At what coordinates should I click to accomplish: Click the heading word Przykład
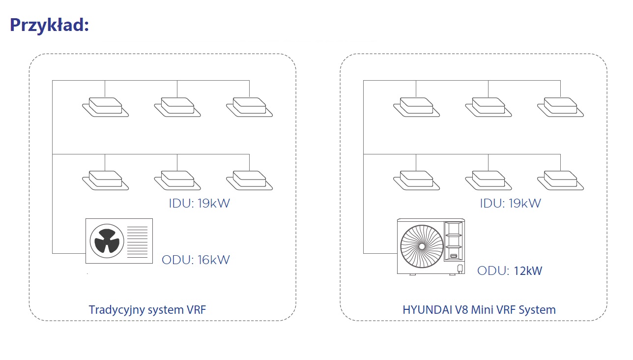[x=49, y=25]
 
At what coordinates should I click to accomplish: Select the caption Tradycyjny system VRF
[x=147, y=310]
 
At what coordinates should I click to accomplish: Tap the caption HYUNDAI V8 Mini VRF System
[x=479, y=310]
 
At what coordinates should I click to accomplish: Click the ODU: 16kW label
[x=196, y=260]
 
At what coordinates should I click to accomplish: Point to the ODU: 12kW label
[x=510, y=270]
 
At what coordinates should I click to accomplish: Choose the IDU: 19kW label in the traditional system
[x=199, y=203]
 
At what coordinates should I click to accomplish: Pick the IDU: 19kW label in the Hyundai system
[x=510, y=203]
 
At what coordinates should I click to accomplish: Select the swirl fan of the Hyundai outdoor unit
[x=421, y=245]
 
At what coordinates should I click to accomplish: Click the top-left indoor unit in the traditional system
[x=105, y=107]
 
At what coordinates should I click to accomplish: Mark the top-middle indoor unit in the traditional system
[x=177, y=107]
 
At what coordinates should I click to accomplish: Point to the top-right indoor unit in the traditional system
[x=249, y=107]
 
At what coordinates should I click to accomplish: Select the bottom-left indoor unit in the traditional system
[x=105, y=180]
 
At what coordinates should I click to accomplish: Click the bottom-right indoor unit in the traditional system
[x=249, y=180]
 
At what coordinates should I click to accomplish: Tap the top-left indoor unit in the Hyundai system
[x=416, y=107]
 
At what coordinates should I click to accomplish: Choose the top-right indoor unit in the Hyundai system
[x=560, y=107]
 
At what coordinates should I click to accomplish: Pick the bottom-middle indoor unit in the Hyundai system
[x=489, y=180]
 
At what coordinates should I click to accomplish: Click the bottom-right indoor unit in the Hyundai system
[x=560, y=180]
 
